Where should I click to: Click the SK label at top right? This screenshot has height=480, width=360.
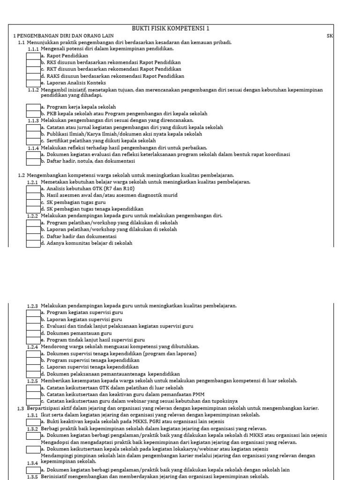coord(330,36)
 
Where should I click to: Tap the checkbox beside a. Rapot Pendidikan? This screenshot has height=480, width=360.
coord(33,55)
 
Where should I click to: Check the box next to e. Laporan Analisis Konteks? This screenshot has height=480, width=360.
coord(33,82)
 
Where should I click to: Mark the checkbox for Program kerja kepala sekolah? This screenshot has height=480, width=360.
coord(33,107)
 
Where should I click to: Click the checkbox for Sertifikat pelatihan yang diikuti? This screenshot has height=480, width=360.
coord(33,141)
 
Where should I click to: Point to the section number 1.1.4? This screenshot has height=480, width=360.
coord(33,148)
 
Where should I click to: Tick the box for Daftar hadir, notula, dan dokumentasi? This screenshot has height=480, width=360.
coord(33,161)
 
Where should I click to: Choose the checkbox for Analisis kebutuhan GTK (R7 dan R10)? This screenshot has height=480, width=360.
coord(33,188)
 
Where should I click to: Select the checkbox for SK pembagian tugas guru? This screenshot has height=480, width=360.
coord(33,202)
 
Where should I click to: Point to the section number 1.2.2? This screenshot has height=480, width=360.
coord(33,216)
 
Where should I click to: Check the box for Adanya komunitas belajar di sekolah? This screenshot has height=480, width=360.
coord(33,243)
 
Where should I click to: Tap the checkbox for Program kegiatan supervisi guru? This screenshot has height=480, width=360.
coord(33,312)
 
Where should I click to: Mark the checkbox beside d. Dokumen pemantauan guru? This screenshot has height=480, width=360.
coord(33,333)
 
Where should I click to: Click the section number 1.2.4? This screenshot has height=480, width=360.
coord(33,347)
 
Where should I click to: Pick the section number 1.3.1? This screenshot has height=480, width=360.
coord(33,415)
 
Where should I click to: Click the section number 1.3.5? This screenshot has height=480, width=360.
coord(33,477)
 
